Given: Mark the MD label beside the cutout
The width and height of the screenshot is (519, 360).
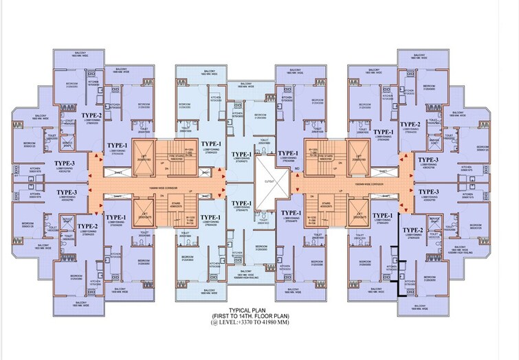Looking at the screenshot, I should click(296, 168).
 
